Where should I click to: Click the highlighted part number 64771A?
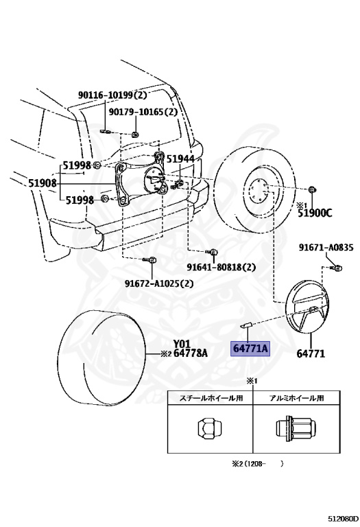pyautogui.click(x=250, y=349)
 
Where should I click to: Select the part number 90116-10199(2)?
pyautogui.click(x=113, y=95)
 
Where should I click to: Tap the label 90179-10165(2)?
pyautogui.click(x=143, y=112)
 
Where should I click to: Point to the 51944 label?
pyautogui.click(x=180, y=159)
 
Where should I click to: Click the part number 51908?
pyautogui.click(x=43, y=183)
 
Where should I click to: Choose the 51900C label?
pyautogui.click(x=315, y=213)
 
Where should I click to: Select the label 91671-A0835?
pyautogui.click(x=326, y=248)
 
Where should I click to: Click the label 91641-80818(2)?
pyautogui.click(x=221, y=267)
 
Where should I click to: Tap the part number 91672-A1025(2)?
pyautogui.click(x=160, y=283)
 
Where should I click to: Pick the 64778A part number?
pyautogui.click(x=190, y=353)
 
